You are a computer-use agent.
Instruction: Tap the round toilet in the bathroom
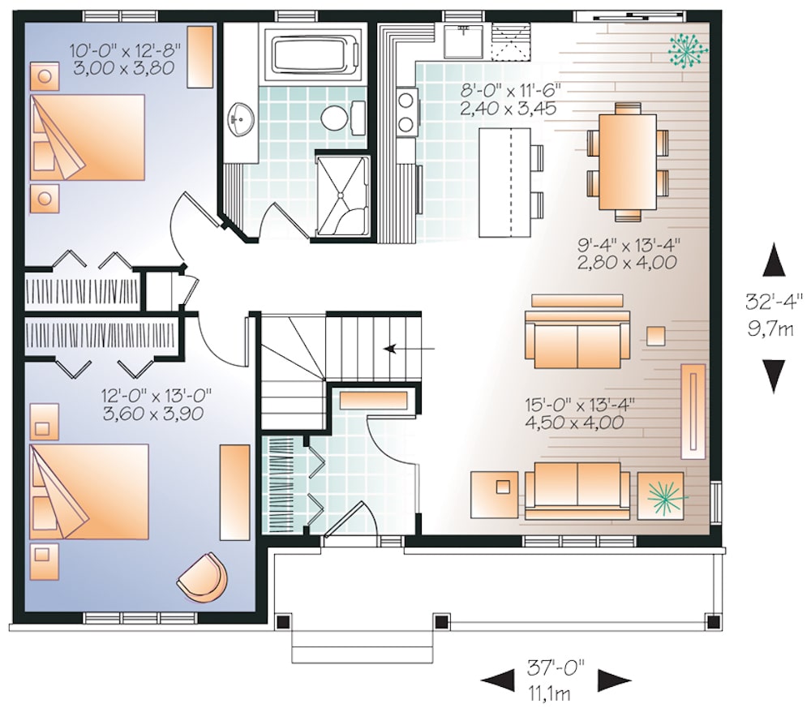(334, 118)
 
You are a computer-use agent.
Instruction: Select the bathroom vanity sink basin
(241, 121)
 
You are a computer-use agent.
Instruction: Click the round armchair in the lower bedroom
(202, 576)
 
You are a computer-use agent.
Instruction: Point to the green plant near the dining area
(685, 51)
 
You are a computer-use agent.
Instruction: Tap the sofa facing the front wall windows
(577, 490)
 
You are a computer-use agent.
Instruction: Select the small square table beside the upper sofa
(655, 335)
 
